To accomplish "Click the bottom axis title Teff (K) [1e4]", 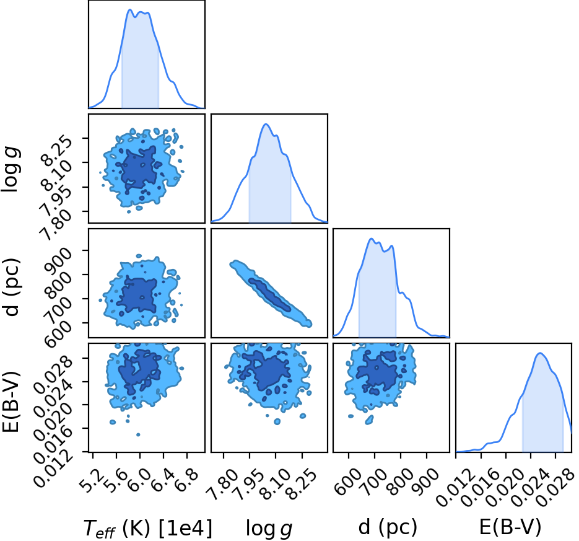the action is click(148, 528).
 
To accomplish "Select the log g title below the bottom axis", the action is click(269, 529).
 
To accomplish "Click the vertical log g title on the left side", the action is click(11, 169).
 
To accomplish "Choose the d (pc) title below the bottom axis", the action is click(388, 527).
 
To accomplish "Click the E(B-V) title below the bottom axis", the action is click(510, 527).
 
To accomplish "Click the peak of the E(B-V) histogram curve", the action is click(540, 353).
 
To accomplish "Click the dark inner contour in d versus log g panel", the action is click(269, 294).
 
